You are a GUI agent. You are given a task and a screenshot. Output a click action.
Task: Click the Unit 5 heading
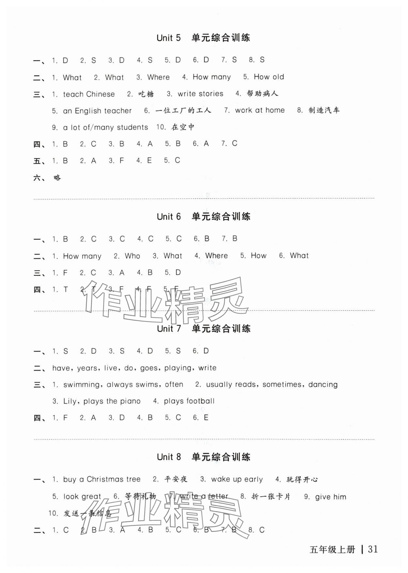tap(203, 38)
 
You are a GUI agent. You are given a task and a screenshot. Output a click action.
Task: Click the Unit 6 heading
tap(203, 217)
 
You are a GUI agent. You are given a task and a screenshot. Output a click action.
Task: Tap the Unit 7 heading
tap(203, 329)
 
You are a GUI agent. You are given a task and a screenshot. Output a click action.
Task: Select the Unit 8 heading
tap(203, 457)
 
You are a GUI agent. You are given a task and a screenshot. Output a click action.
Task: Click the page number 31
tap(373, 549)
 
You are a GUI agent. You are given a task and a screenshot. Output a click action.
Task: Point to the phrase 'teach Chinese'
tap(89, 94)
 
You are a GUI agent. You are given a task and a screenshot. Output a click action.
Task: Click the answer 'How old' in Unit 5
tap(269, 77)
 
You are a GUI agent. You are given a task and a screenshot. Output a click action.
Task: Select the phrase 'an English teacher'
tap(97, 111)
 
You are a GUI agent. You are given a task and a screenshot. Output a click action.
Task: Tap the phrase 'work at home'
tap(260, 110)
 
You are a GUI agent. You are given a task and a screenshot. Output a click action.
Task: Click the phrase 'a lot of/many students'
tap(105, 127)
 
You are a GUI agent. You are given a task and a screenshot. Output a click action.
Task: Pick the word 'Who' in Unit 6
tap(132, 256)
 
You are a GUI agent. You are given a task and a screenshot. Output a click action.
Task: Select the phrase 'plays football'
tap(189, 401)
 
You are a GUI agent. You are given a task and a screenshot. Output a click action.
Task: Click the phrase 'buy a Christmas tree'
tap(102, 479)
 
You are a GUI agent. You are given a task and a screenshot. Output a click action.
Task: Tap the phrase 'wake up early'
tap(237, 479)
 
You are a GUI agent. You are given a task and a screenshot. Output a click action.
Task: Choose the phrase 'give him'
tap(331, 497)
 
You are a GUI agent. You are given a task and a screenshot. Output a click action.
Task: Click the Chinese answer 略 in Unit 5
tap(57, 178)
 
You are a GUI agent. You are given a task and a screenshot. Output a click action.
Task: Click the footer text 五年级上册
tap(332, 550)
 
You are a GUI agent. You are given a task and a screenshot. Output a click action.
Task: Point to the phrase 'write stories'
tap(200, 94)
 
